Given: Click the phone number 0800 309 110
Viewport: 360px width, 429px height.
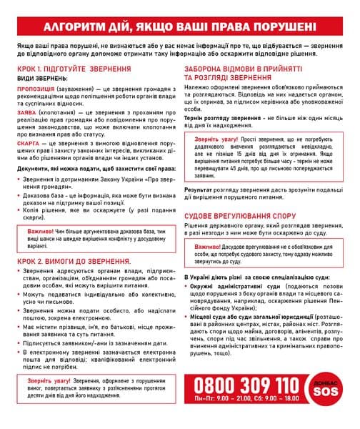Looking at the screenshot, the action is click(x=246, y=386).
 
